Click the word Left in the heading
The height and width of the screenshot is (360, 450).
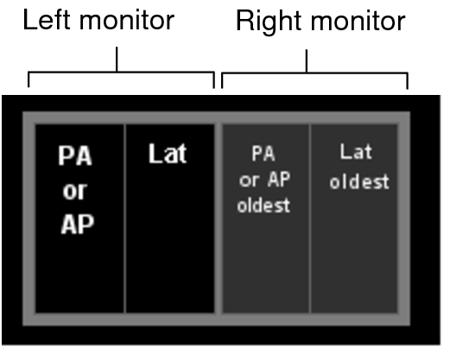click(47, 19)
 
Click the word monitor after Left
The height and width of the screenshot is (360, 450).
click(127, 20)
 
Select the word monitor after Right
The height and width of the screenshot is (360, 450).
click(358, 21)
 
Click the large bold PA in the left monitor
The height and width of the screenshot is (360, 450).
click(75, 155)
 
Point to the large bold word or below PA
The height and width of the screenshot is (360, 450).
click(75, 191)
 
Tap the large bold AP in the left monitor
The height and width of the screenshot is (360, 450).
click(78, 224)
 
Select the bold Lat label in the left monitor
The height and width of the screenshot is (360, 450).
click(168, 154)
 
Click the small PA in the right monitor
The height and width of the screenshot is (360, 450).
click(263, 154)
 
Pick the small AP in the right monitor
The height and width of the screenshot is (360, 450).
click(279, 180)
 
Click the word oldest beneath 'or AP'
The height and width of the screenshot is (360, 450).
click(263, 205)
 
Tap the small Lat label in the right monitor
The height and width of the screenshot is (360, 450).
click(356, 151)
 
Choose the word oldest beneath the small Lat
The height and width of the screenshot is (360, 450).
click(359, 181)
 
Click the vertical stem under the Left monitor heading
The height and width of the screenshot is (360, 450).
click(117, 60)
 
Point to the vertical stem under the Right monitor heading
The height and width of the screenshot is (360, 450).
click(307, 61)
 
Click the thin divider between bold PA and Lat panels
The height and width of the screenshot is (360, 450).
click(125, 218)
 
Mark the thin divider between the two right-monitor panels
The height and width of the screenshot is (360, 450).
click(310, 218)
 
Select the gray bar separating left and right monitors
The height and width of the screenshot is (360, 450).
click(219, 218)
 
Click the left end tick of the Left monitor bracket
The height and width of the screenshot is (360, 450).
click(29, 79)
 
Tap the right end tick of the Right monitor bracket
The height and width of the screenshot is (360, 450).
click(407, 81)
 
